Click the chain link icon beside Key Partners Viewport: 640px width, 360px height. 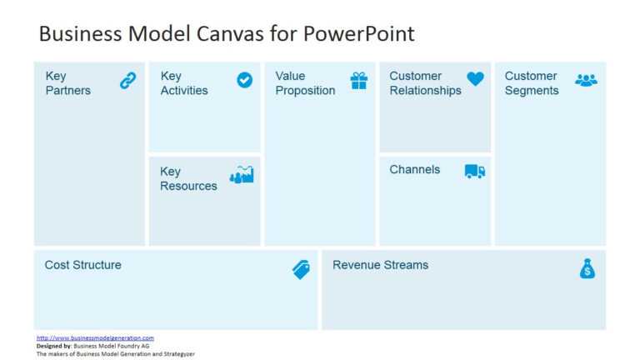tap(127, 81)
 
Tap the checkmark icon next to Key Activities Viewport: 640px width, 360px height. tap(244, 80)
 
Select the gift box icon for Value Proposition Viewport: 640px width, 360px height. tap(358, 81)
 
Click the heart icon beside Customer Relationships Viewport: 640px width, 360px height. tap(475, 79)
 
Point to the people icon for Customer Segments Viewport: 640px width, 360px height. tap(586, 80)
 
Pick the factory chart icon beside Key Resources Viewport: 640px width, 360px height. tap(242, 175)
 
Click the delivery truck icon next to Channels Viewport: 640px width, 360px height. tap(475, 171)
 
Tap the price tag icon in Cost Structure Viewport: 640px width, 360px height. tap(301, 269)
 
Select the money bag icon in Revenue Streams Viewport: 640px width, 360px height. tap(587, 268)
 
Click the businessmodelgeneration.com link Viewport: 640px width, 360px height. tap(95, 337)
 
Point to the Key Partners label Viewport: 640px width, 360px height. tap(67, 83)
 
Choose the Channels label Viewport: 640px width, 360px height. tap(414, 169)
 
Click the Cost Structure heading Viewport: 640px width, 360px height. tap(82, 265)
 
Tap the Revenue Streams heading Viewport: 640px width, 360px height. tap(380, 265)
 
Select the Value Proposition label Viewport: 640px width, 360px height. tap(305, 83)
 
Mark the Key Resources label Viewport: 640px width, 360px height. tap(188, 179)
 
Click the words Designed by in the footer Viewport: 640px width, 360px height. tap(54, 346)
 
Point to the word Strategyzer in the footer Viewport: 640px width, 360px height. tap(177, 353)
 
